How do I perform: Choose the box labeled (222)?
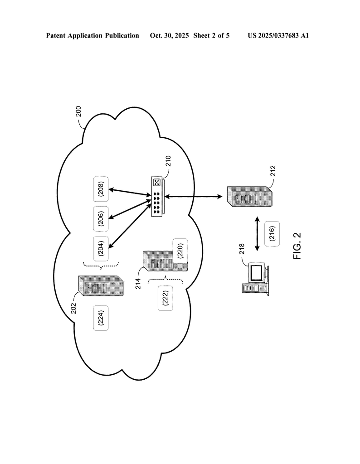pos(165,298)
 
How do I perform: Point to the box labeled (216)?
pos(272,234)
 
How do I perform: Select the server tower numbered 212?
pos(249,196)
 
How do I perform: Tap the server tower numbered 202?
pos(101,286)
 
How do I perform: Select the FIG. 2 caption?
pos(297,246)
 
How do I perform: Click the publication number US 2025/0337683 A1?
pos(278,35)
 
